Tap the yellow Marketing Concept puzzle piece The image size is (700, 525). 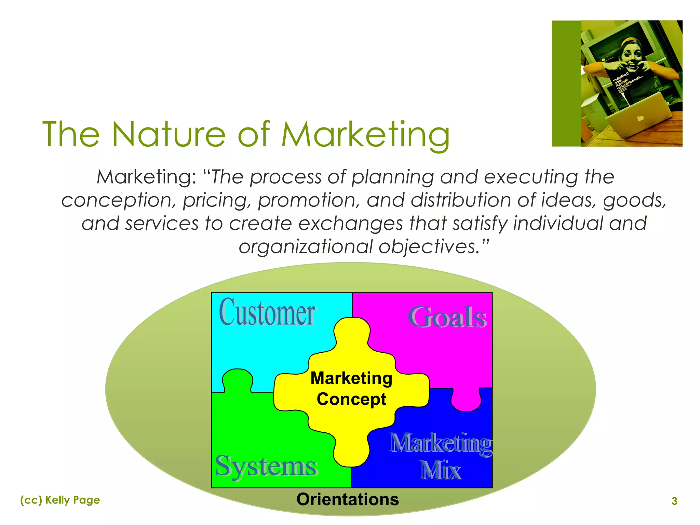coord(351,389)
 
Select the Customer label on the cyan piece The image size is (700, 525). coord(267,313)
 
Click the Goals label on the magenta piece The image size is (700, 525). coord(447,318)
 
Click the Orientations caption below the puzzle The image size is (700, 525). coord(348,499)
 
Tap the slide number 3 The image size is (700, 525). coord(674,501)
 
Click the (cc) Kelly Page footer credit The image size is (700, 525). coord(60,500)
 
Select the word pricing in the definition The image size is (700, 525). coord(215,200)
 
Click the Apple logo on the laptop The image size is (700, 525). coord(640,118)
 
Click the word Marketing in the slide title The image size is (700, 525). coord(365,135)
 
